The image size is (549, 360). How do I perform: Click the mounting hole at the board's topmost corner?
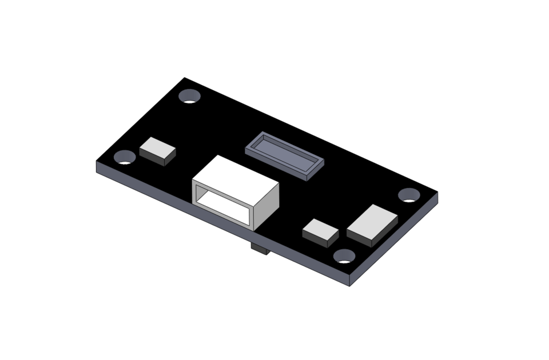tap(189, 96)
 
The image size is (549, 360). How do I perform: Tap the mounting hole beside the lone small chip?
tap(125, 157)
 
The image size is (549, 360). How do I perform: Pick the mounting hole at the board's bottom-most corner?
tap(344, 257)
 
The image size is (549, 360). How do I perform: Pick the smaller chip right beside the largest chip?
tap(321, 230)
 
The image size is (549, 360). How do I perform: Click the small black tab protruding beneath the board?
tap(260, 250)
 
